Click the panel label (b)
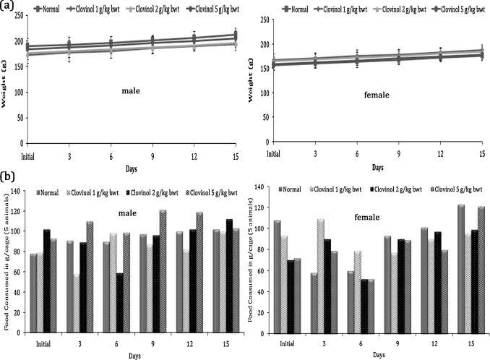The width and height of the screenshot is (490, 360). click(x=8, y=176)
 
